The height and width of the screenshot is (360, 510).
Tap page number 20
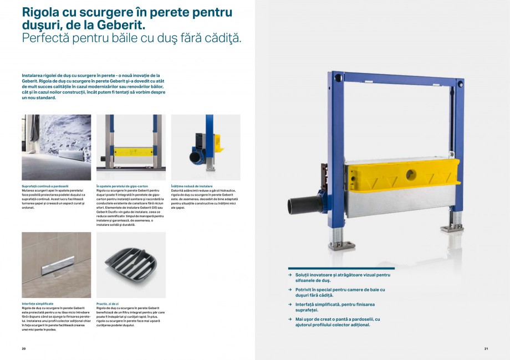coord(24,348)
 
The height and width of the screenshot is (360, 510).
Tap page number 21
coord(486,348)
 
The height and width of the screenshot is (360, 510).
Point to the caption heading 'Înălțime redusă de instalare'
coord(192,186)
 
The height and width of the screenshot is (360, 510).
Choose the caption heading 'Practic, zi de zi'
coord(108,304)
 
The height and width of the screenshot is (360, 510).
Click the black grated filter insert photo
coord(131,265)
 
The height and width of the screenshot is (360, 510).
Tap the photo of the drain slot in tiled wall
coord(56,265)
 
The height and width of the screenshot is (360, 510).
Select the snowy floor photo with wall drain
coord(56,147)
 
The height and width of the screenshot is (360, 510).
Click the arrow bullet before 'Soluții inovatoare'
coord(290,275)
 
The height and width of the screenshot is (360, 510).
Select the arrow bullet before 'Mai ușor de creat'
coord(290,319)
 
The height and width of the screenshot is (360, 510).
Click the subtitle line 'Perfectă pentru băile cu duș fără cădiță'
coord(131,38)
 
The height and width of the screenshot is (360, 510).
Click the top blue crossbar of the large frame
coord(399,78)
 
